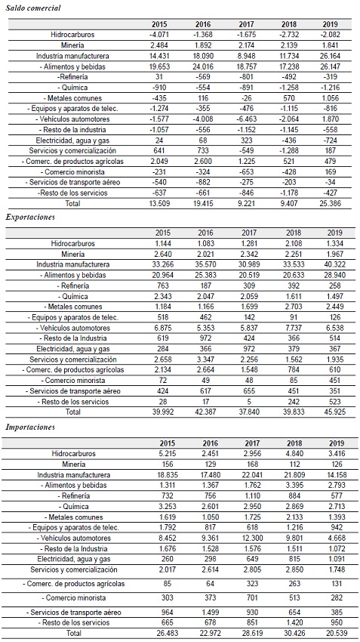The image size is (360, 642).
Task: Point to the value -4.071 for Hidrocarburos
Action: (x=159, y=35)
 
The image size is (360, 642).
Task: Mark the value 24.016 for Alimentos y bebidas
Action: (x=203, y=66)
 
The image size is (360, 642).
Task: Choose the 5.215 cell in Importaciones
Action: (x=159, y=453)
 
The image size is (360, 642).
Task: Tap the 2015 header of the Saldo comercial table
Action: (x=159, y=24)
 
